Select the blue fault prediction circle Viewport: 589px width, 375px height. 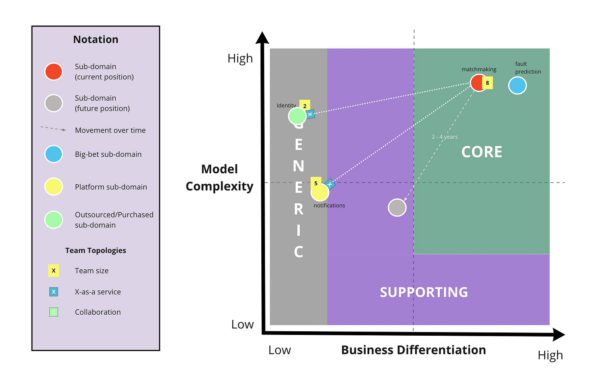pos(517,85)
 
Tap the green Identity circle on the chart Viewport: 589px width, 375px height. pos(297,116)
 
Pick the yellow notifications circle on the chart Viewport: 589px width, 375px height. pos(320,192)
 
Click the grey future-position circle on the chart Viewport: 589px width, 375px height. pos(397,207)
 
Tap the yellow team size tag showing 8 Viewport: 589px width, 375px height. pos(487,83)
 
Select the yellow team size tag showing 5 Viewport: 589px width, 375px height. pos(316,183)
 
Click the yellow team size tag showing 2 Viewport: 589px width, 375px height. pos(305,106)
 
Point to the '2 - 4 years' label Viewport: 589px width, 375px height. pos(445,137)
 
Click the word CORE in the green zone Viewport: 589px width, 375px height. pos(481,152)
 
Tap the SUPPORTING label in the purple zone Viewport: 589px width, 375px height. pos(424,292)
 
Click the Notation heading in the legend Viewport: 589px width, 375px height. pos(96,39)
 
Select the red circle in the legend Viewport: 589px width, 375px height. pos(53,72)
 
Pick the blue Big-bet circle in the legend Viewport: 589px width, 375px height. pos(53,154)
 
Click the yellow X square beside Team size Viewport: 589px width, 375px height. pos(53,271)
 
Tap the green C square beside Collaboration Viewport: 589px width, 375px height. pos(53,312)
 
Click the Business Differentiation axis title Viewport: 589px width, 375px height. pos(413,350)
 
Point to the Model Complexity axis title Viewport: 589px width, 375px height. pos(219,177)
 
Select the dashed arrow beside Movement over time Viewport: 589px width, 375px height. pos(53,129)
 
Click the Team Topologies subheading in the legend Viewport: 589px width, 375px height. pos(95,250)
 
